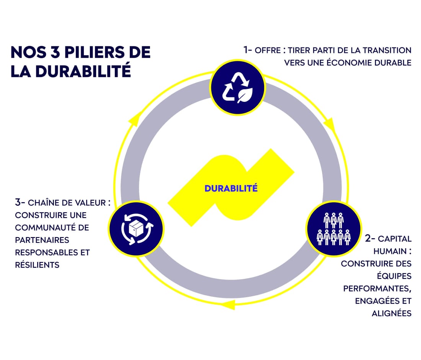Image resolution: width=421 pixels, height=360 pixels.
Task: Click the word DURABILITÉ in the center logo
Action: coord(231,188)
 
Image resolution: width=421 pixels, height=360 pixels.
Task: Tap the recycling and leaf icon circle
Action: coord(238,88)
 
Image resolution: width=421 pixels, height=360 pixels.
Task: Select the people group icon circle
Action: coord(333,229)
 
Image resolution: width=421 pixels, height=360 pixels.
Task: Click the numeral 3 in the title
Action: coord(55,52)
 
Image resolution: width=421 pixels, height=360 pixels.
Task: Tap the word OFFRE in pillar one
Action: coord(268,50)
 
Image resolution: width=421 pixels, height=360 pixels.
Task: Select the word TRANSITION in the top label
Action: coord(387,50)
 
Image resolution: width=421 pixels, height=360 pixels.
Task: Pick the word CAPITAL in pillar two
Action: coord(395,239)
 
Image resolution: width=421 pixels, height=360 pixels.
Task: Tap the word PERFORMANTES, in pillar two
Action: coord(377,288)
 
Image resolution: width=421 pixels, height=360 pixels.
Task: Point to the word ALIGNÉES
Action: coord(392,313)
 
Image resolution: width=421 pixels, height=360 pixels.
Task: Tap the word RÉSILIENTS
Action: coord(38,265)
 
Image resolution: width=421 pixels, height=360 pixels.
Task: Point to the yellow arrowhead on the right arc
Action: coord(330,124)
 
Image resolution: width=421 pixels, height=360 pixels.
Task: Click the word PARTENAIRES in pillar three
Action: coord(42,240)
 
